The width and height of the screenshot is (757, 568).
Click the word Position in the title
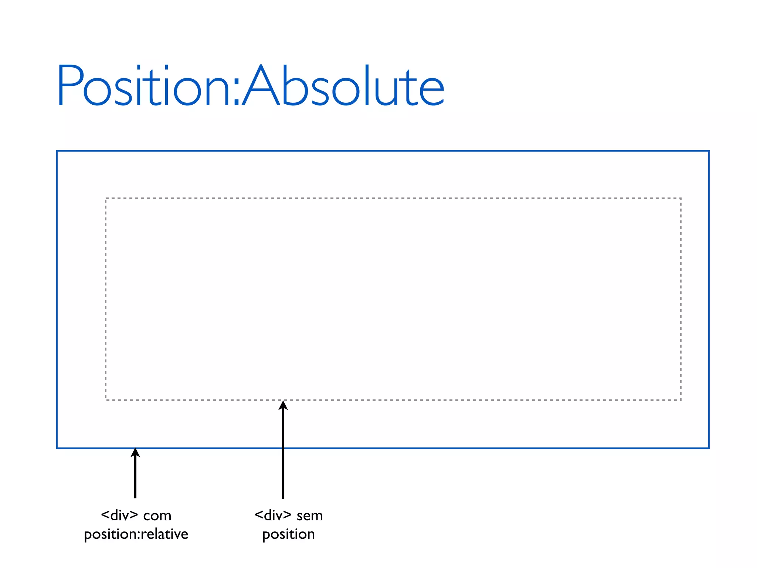coord(144,86)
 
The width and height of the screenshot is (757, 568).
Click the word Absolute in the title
coord(344,86)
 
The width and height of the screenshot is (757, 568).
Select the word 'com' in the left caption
coord(157,516)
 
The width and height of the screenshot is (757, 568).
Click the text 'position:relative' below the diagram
coord(136,534)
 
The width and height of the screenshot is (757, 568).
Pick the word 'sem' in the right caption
coord(310,516)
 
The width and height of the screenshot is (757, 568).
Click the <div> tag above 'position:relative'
coord(119,515)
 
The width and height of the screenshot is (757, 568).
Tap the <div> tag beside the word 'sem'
coord(273,515)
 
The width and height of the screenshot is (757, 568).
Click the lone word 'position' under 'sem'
coord(288,534)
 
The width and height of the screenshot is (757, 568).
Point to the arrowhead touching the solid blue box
coord(135,453)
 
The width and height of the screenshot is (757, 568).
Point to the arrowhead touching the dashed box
coord(283,405)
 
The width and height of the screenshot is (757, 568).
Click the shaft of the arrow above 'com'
coord(135,477)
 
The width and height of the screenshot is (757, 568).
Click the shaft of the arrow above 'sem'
coord(283,455)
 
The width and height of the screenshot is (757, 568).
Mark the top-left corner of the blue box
coord(57,151)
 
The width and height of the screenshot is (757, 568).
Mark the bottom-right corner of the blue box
coord(709,448)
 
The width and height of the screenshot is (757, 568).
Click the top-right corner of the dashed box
coord(681,199)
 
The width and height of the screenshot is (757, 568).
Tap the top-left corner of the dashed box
coord(106,199)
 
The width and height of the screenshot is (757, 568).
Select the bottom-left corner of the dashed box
coord(106,400)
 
